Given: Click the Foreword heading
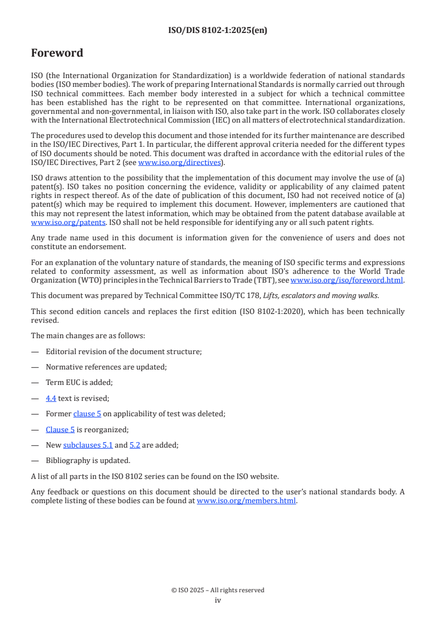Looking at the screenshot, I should (57, 53).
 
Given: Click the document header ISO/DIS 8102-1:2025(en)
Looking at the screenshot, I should (218, 31).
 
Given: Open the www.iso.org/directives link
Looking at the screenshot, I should (179, 162).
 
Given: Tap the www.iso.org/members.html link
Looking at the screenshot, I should (246, 501).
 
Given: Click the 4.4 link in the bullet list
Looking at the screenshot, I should (51, 398).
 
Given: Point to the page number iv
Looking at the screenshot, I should (218, 601).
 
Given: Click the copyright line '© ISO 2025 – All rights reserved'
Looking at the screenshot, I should (218, 590).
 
